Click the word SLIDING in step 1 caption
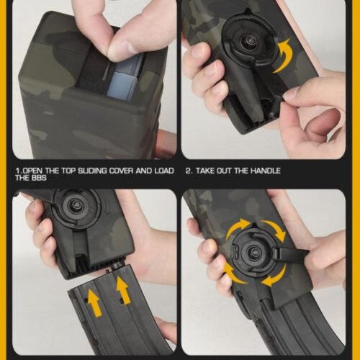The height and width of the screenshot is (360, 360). (92, 171)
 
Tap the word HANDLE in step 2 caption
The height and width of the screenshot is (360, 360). (266, 171)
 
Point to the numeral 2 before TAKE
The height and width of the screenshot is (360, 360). (189, 171)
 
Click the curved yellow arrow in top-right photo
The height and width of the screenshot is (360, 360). (283, 56)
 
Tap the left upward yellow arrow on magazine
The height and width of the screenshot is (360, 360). (94, 302)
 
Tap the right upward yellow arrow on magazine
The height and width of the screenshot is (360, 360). (123, 289)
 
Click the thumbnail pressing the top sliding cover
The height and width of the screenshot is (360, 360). (120, 49)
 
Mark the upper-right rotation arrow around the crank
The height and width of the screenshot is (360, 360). (276, 230)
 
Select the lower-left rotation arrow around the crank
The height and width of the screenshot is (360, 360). (233, 273)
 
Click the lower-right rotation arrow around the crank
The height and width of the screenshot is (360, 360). (275, 276)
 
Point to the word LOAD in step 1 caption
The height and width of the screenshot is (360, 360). (164, 171)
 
